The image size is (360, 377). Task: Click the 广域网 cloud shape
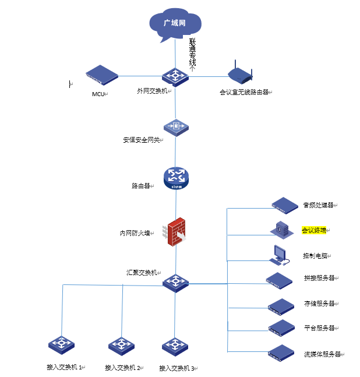click(175, 24)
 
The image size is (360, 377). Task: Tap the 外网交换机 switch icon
click(175, 76)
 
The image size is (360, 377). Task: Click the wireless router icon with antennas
click(239, 73)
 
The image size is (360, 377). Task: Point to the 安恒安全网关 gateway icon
click(176, 126)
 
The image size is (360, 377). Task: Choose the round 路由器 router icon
click(176, 178)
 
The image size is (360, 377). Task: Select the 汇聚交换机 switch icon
click(175, 283)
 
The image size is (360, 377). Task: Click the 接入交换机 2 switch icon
click(122, 346)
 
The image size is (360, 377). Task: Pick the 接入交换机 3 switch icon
click(174, 346)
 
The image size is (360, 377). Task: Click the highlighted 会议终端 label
click(314, 230)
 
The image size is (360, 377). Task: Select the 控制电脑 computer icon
click(279, 254)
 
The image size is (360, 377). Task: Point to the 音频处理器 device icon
click(285, 205)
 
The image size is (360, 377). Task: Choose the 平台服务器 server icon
click(281, 327)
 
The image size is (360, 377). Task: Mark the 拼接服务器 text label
click(319, 278)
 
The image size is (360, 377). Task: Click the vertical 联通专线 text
click(193, 53)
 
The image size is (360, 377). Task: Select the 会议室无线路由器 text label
click(244, 92)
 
